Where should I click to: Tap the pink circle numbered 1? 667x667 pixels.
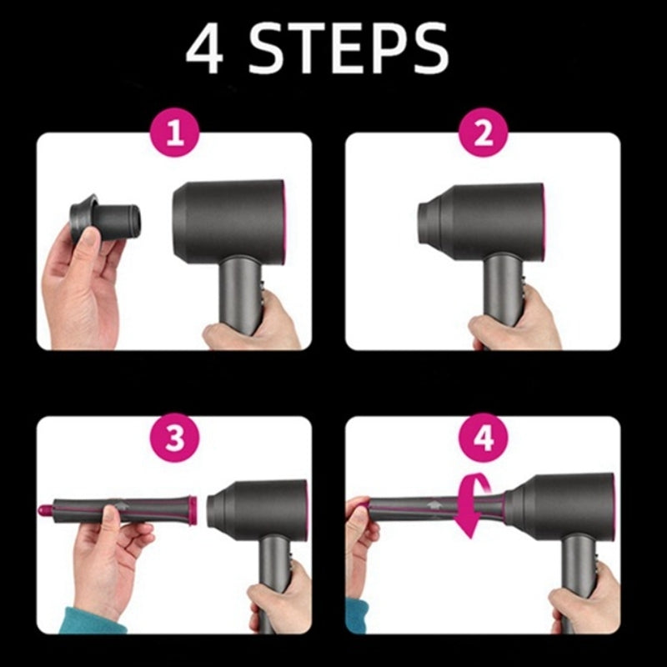174,134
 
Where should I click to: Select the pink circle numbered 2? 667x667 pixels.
484,134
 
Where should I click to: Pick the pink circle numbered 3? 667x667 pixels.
174,439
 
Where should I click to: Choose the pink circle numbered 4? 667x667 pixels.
484,439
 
